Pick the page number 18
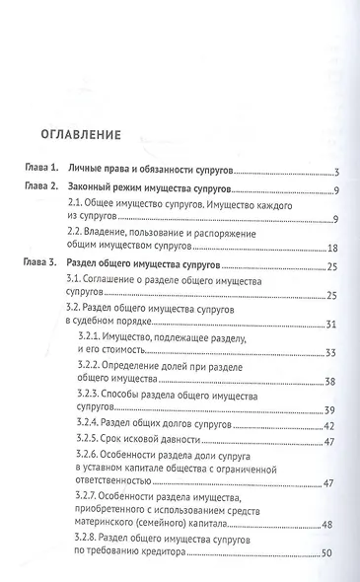[x=332, y=248]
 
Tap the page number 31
[x=332, y=324]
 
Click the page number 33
[x=332, y=353]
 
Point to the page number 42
[x=332, y=426]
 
